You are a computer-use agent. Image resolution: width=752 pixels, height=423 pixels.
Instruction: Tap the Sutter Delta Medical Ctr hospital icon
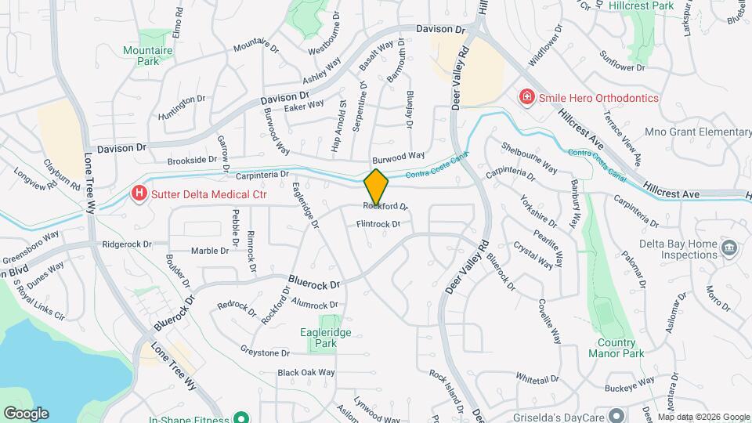pyautogui.click(x=139, y=193)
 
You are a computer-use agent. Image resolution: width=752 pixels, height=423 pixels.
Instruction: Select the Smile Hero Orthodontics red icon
pyautogui.click(x=527, y=97)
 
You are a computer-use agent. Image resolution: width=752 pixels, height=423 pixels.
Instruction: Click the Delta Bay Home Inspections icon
pyautogui.click(x=729, y=248)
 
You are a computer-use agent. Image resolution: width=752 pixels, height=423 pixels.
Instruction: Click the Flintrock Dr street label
pyautogui.click(x=378, y=224)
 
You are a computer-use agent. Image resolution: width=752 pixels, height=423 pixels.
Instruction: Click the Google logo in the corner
pyautogui.click(x=26, y=413)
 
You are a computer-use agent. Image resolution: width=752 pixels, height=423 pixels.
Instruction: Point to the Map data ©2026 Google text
pyautogui.click(x=703, y=417)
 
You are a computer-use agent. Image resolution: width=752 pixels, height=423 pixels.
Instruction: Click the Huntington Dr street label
pyautogui.click(x=182, y=100)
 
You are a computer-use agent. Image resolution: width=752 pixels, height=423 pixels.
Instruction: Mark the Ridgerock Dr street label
pyautogui.click(x=126, y=244)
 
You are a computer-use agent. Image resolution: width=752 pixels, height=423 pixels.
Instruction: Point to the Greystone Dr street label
pyautogui.click(x=259, y=352)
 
